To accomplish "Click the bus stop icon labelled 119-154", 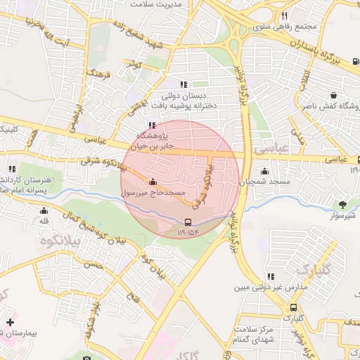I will point(187,221).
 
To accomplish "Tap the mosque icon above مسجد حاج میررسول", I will point(153,182).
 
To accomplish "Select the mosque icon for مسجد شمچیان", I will point(264,171).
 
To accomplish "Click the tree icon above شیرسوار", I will point(343,205).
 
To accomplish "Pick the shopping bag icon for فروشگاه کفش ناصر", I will point(333,95).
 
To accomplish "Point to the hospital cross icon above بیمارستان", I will point(9,322).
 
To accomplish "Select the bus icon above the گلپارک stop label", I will point(293,307).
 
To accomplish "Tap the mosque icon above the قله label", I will point(44,210).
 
